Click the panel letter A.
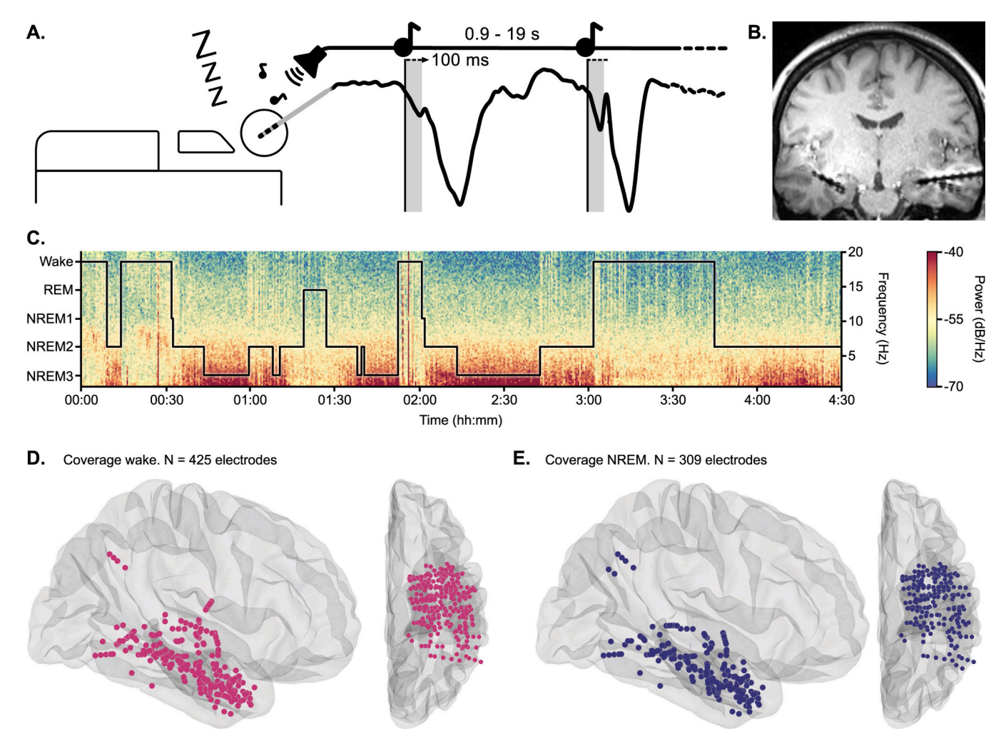click(35, 32)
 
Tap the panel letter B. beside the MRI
click(756, 32)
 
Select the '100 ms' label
click(460, 60)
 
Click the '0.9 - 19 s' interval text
click(502, 34)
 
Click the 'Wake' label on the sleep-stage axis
click(56, 261)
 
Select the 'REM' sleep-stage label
click(59, 290)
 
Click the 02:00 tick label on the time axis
click(419, 400)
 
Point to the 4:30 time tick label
click(841, 400)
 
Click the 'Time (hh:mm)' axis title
click(460, 420)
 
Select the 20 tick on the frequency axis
click(855, 252)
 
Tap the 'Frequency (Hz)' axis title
click(882, 318)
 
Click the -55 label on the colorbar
click(955, 319)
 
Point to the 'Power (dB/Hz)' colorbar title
click(978, 318)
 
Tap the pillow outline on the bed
click(205, 141)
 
